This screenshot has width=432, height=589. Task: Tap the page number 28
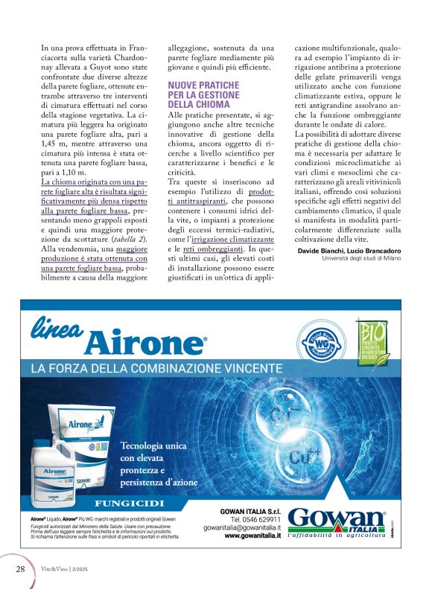coord(21,570)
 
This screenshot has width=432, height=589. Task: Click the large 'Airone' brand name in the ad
coord(145,343)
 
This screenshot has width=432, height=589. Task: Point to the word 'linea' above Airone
coord(60,327)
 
